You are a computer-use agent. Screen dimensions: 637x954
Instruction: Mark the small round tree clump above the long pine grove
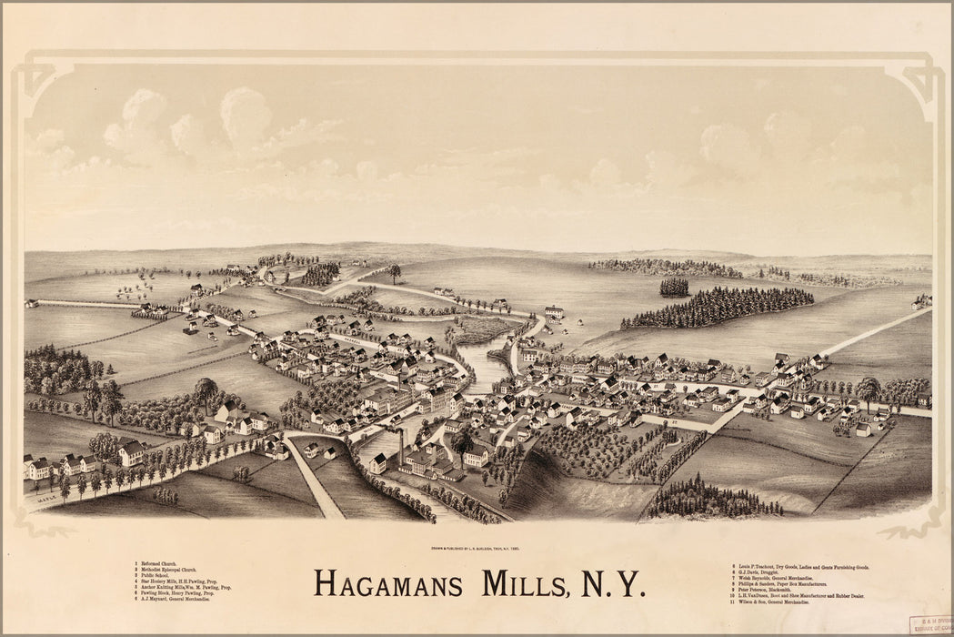674,288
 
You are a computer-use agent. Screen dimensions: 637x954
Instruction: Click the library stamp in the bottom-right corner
929,624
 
